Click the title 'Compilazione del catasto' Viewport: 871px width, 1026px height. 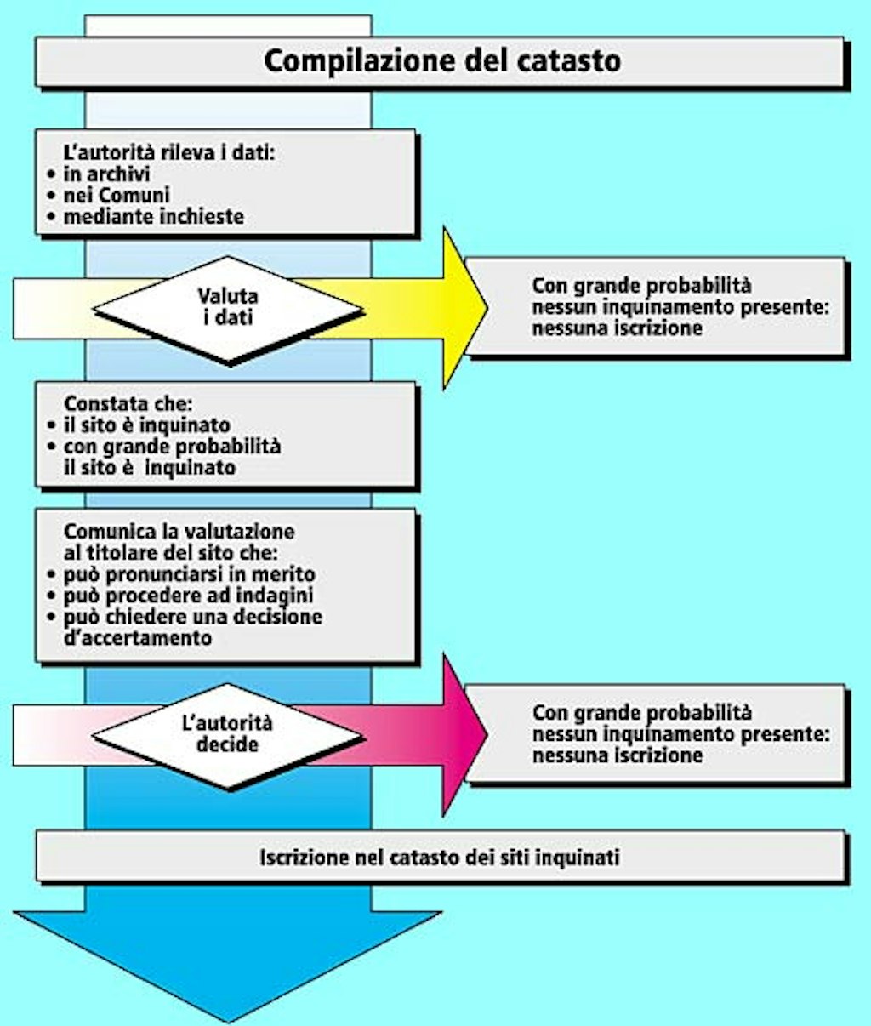441,61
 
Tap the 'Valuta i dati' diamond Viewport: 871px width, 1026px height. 228,308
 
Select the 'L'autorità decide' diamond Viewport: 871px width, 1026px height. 228,734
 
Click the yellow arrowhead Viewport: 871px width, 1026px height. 464,308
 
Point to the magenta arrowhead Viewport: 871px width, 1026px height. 464,734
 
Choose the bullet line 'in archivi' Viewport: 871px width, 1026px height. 106,174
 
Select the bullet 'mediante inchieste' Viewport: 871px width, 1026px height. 153,217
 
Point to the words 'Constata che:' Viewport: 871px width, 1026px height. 128,404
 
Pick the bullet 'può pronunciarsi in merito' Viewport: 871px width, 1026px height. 188,574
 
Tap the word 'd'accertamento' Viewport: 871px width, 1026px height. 138,637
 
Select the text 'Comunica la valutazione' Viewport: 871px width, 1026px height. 179,532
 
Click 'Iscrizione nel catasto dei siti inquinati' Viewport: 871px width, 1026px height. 440,857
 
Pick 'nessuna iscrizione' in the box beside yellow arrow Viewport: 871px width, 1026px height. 617,328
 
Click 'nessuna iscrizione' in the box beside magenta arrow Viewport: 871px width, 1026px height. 617,755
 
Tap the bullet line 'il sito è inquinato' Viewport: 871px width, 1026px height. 146,425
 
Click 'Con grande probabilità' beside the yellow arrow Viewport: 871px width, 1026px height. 641,286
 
